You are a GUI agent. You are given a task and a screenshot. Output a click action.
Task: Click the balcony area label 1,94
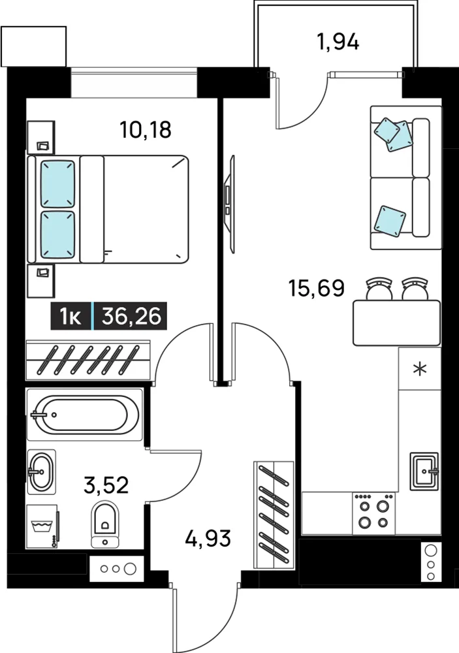[338, 42]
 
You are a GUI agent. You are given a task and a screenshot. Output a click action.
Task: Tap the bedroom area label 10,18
[146, 129]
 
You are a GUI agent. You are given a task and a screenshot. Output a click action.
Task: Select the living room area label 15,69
[317, 288]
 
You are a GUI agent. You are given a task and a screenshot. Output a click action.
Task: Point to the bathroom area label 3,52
[106, 485]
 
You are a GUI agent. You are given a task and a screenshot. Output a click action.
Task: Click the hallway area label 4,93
[208, 538]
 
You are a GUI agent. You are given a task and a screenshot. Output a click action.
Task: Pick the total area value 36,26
[131, 317]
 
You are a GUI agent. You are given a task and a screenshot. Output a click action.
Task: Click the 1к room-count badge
[71, 317]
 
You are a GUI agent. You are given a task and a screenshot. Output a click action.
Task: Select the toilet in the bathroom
[104, 524]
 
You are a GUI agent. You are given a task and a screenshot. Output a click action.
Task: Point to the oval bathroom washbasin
[41, 472]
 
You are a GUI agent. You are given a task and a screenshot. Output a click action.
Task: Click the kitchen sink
[424, 471]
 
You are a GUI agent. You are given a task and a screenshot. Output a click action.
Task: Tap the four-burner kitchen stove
[373, 513]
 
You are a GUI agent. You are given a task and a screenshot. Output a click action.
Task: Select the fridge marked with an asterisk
[419, 368]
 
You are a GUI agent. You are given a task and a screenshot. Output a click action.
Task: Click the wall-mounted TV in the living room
[229, 204]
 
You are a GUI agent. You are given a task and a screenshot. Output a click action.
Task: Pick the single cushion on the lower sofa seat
[390, 220]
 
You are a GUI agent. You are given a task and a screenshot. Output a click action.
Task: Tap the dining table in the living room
[396, 323]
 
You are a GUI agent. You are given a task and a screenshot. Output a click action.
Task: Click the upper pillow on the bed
[57, 183]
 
